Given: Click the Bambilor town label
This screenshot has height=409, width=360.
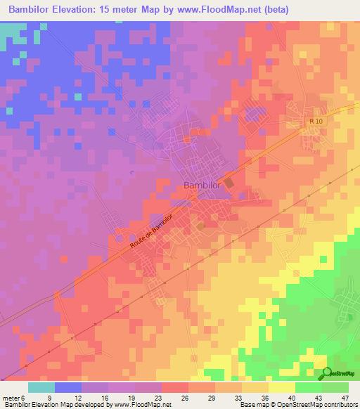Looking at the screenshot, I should tap(202, 185).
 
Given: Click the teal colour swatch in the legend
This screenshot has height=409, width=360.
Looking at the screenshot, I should tap(41, 387).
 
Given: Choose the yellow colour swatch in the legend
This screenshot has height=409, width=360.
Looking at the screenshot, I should tap(281, 387).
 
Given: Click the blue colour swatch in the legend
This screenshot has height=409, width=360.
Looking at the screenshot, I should tap(68, 387).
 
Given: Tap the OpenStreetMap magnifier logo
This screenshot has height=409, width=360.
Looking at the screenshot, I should tap(328, 372).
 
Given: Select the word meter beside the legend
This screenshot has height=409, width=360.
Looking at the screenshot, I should tap(12, 398).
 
